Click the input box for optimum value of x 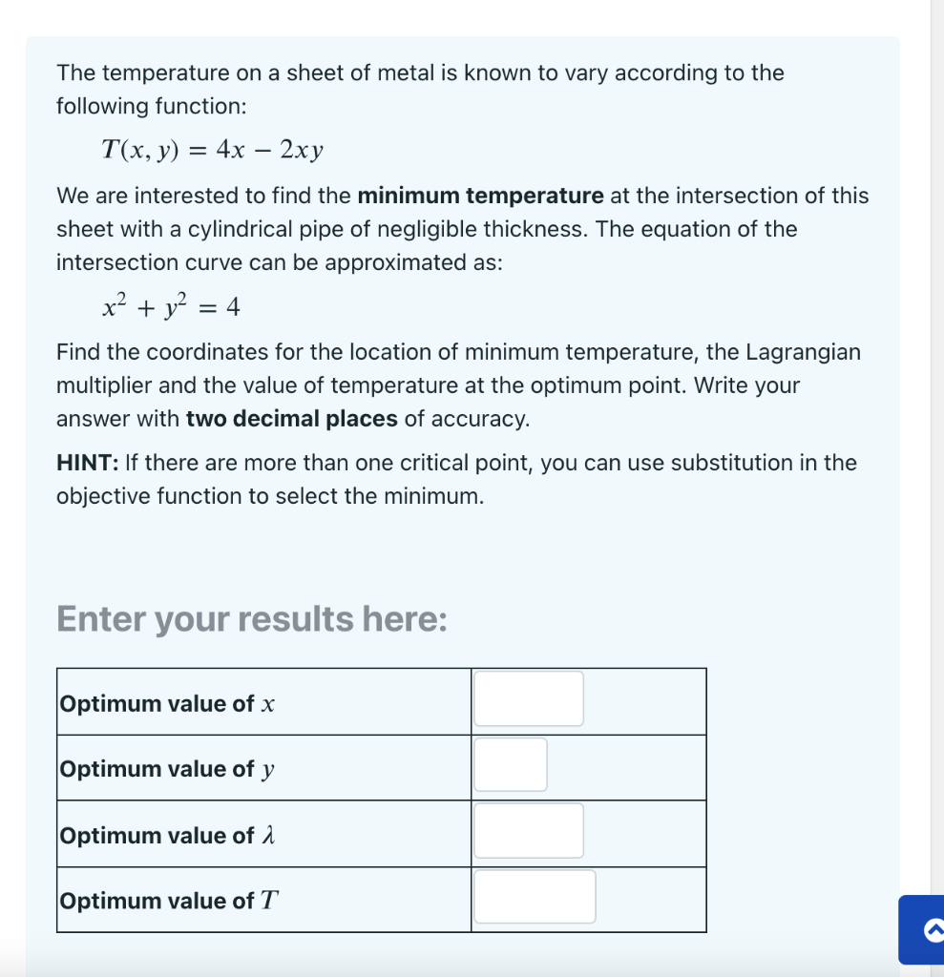tap(529, 699)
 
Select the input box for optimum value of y tap(511, 765)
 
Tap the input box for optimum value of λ tap(529, 831)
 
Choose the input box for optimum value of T tap(535, 897)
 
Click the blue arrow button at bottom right tap(922, 928)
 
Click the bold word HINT tap(87, 464)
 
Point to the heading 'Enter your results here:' tap(251, 619)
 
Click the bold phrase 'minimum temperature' tap(480, 197)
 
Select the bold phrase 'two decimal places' tap(291, 419)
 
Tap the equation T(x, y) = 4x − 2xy tap(213, 150)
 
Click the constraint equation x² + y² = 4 tap(171, 307)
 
